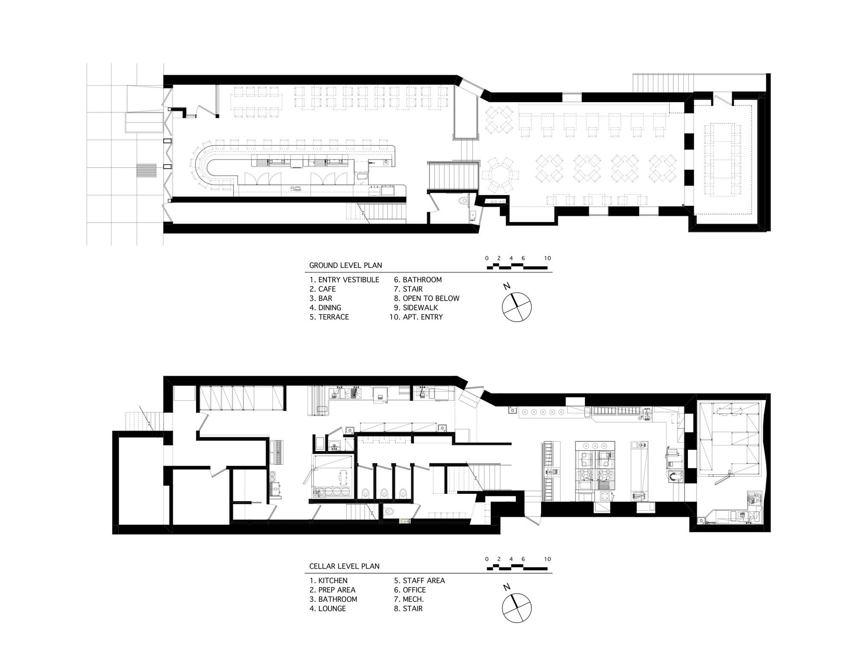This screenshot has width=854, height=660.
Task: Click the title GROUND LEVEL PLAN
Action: point(345,265)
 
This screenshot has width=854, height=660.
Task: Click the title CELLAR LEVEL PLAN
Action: point(344,566)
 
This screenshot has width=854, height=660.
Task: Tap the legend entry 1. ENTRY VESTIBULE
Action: point(344,280)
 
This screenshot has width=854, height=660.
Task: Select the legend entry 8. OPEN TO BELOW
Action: point(427,298)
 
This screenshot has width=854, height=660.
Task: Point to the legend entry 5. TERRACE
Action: point(329,317)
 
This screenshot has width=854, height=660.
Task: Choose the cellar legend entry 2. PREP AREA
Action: point(332,590)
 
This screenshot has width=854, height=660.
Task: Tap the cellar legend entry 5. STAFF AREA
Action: point(419,581)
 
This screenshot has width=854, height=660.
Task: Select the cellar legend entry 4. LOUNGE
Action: point(328,609)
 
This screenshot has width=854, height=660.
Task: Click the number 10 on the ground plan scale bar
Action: point(547,258)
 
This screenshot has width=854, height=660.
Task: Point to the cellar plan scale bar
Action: point(517,568)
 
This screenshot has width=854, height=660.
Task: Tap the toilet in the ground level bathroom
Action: point(463,200)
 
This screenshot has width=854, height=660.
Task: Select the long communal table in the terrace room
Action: point(722,158)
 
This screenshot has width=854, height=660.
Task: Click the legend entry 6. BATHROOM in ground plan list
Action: point(418,280)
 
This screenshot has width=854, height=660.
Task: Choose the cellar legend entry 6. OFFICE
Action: point(410,590)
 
